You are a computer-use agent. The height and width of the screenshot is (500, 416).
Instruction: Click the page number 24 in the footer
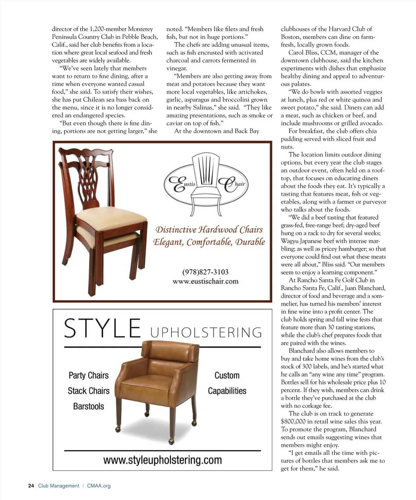click(x=31, y=486)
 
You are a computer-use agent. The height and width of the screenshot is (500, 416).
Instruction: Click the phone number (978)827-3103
click(x=205, y=272)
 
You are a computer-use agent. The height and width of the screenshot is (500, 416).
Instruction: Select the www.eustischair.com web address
click(x=205, y=281)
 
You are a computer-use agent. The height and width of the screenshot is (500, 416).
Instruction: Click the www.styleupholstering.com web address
click(x=162, y=460)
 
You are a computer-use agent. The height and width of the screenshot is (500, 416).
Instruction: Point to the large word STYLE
click(x=102, y=328)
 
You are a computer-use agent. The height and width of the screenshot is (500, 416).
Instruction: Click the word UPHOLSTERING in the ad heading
click(x=206, y=332)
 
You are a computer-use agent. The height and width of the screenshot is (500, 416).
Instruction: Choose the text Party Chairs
click(x=88, y=375)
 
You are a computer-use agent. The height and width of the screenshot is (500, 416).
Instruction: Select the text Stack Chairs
click(x=88, y=391)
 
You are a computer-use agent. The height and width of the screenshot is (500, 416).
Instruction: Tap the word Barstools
click(x=88, y=406)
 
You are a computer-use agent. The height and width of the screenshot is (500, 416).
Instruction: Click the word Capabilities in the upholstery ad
click(x=227, y=391)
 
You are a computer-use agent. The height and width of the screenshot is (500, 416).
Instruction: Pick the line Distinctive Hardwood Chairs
click(x=209, y=230)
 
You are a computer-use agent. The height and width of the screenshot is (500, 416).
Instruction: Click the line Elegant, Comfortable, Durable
click(x=209, y=242)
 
